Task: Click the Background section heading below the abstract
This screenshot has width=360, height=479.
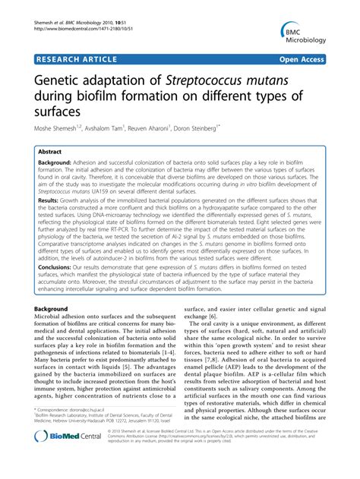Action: (58, 331)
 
